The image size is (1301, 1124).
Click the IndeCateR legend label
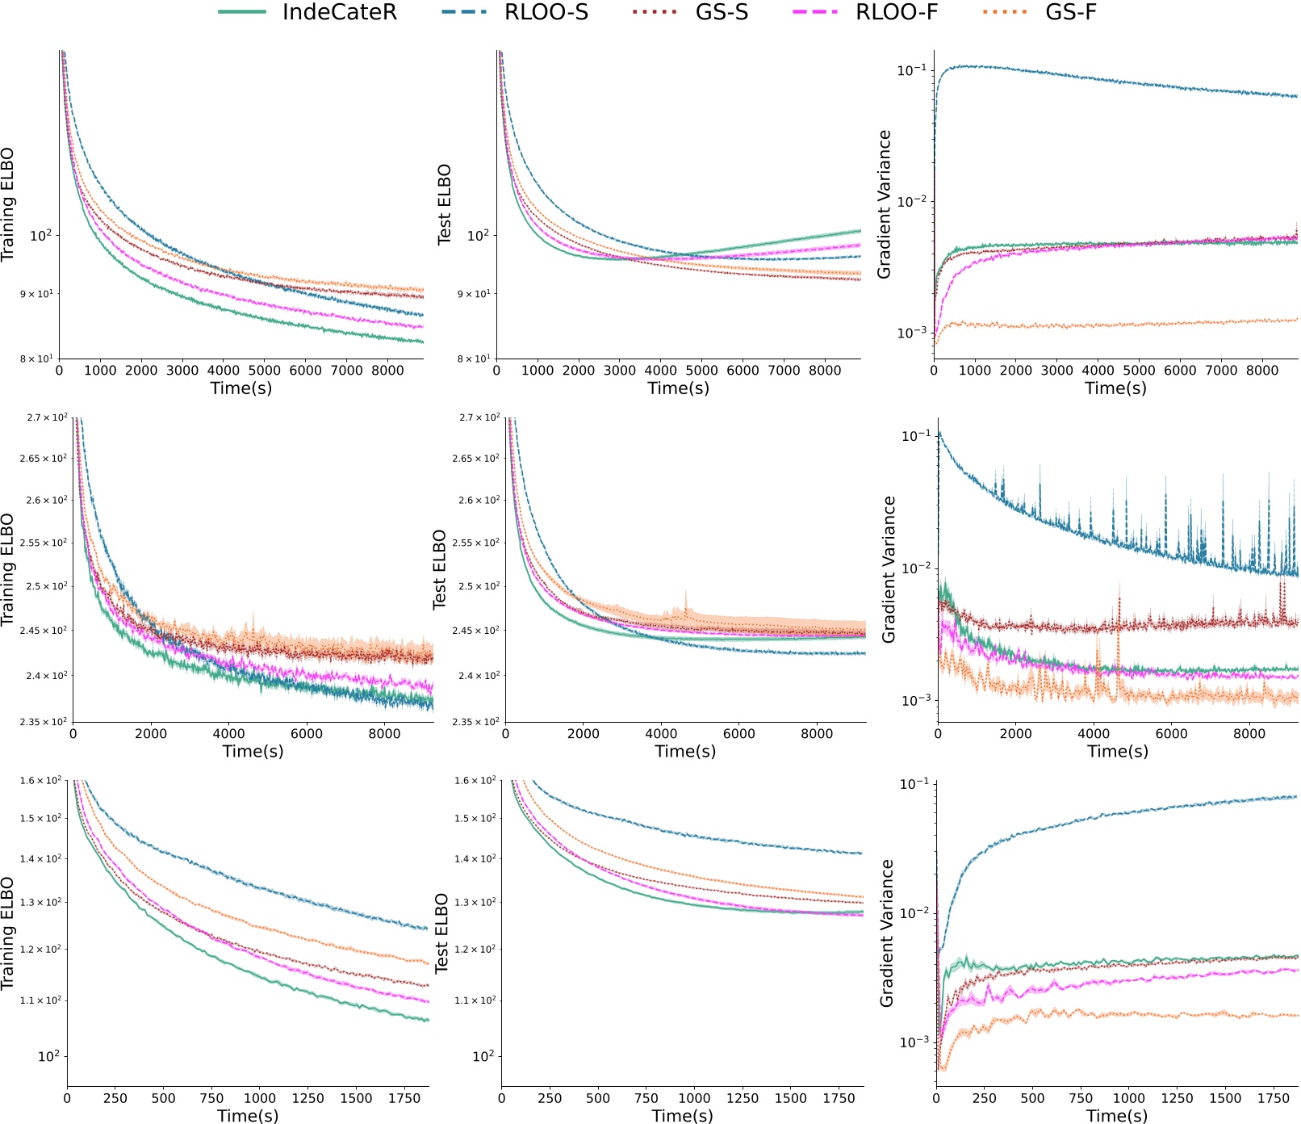click(x=340, y=12)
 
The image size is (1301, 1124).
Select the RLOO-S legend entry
click(x=546, y=12)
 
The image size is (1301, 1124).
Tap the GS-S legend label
click(x=722, y=12)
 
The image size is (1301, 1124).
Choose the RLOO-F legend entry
click(x=897, y=12)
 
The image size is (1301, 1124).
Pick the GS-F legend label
click(x=1071, y=12)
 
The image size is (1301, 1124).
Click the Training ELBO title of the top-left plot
click(x=8, y=204)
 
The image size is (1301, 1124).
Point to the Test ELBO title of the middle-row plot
click(x=440, y=569)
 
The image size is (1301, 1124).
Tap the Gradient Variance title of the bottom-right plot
click(x=887, y=933)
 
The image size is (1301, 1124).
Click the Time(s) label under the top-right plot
click(x=1115, y=388)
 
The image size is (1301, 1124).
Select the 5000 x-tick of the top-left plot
click(x=264, y=371)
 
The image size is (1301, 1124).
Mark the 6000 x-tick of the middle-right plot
click(x=1171, y=734)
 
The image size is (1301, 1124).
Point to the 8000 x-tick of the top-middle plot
click(x=824, y=371)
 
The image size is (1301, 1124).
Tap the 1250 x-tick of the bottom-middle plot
click(x=743, y=1098)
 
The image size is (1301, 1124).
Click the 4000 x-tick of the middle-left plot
click(x=228, y=734)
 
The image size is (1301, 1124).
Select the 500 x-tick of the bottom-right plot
click(x=1032, y=1098)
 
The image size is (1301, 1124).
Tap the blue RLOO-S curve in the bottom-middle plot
click(x=694, y=829)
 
